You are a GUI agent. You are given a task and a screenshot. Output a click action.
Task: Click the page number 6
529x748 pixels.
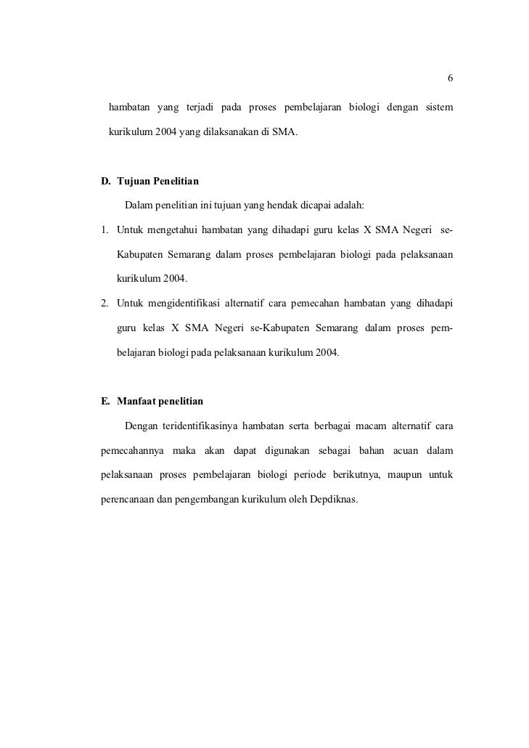pyautogui.click(x=450, y=78)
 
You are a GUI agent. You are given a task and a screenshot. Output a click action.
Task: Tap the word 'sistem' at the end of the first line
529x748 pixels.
pyautogui.click(x=438, y=108)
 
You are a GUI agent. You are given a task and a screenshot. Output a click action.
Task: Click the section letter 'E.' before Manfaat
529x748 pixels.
pyautogui.click(x=105, y=401)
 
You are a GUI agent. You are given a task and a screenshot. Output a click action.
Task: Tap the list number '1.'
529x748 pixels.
pyautogui.click(x=104, y=231)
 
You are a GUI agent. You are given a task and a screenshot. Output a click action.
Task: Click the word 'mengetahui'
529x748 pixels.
pyautogui.click(x=174, y=231)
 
